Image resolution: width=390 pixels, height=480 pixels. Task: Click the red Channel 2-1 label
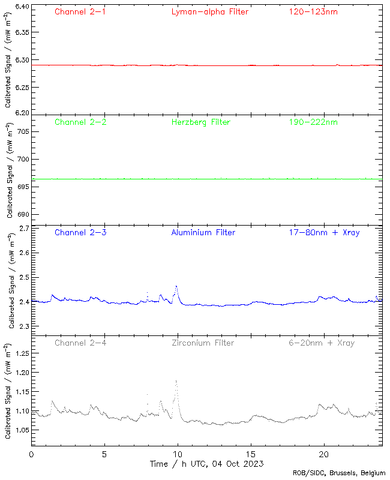pos(80,11)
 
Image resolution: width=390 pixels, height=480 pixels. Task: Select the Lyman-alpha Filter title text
pos(209,11)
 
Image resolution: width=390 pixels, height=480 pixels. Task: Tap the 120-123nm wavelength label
pos(313,11)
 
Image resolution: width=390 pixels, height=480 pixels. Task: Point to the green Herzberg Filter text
pos(201,122)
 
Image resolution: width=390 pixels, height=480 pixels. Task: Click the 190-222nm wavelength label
pos(313,122)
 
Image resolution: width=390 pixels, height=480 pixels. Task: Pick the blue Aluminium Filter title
pos(203,232)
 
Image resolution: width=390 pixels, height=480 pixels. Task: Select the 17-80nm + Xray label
pos(324,232)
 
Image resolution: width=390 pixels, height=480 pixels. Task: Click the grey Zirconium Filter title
pos(203,343)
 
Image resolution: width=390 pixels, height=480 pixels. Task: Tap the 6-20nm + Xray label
pos(322,343)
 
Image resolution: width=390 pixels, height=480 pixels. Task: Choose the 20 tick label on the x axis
pos(325,454)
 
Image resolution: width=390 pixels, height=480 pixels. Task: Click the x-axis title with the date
pos(206,464)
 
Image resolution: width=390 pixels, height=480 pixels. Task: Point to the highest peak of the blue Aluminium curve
pos(176,286)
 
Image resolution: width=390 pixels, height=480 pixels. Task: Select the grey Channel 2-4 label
pos(80,343)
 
